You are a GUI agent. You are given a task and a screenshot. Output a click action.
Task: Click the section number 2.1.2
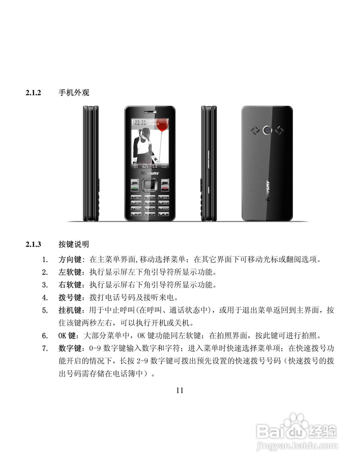click(x=34, y=93)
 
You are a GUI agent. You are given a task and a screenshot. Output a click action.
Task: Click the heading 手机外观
click(x=74, y=93)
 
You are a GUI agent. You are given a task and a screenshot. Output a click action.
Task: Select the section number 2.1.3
click(x=34, y=244)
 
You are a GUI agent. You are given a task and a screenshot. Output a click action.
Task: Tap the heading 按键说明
click(x=74, y=244)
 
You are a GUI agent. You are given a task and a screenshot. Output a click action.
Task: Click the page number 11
click(x=179, y=391)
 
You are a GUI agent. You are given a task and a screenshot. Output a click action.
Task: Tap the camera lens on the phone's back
click(x=268, y=129)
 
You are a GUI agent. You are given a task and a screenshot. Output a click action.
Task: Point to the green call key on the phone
click(x=135, y=188)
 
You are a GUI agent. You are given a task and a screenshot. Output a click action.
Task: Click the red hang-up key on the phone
click(x=165, y=188)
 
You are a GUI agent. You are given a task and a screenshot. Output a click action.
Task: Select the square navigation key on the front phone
click(x=150, y=185)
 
